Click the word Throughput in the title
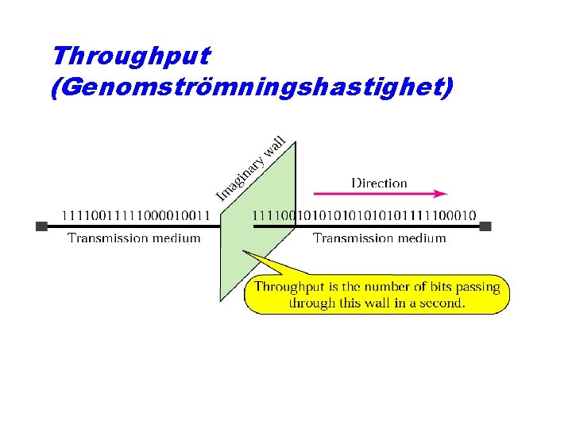[130, 56]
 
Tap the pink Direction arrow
[381, 193]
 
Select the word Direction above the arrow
[379, 183]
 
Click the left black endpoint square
[41, 226]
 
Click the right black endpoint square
[485, 226]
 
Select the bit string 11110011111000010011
[136, 214]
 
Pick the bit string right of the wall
[364, 214]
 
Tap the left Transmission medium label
[133, 238]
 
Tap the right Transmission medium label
[379, 238]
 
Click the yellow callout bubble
[377, 294]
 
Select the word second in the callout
[442, 303]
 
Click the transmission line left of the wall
[135, 226]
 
